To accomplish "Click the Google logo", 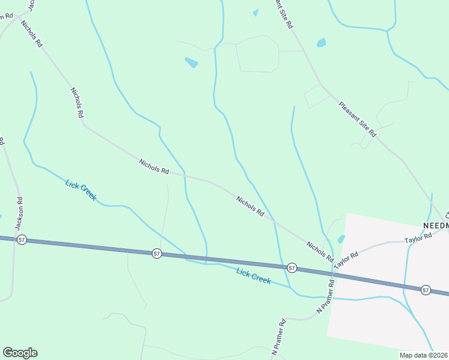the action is (x=20, y=353).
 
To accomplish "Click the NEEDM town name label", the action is (x=436, y=225).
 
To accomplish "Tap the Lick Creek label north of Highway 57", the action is (x=80, y=190).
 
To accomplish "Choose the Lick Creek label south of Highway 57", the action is (x=253, y=276).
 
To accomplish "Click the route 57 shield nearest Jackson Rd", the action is (x=22, y=239).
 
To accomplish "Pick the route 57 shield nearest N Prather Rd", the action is (x=292, y=267).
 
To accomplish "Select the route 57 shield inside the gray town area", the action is (x=426, y=290).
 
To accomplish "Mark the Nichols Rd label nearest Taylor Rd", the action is (x=319, y=251).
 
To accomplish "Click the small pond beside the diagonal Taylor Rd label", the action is (x=341, y=239).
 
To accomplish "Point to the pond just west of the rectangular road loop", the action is (x=191, y=62).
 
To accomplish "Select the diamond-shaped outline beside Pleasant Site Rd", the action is (x=317, y=96).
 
